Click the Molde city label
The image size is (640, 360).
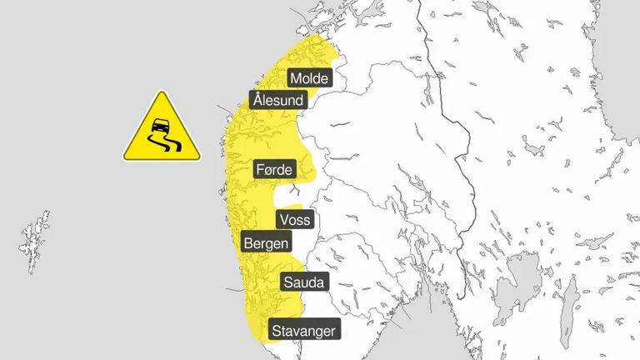(310, 78)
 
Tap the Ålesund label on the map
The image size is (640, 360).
(278, 101)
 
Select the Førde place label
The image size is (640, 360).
(274, 170)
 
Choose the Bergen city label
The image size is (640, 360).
(266, 243)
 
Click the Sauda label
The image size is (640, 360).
(305, 282)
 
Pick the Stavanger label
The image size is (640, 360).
(304, 331)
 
